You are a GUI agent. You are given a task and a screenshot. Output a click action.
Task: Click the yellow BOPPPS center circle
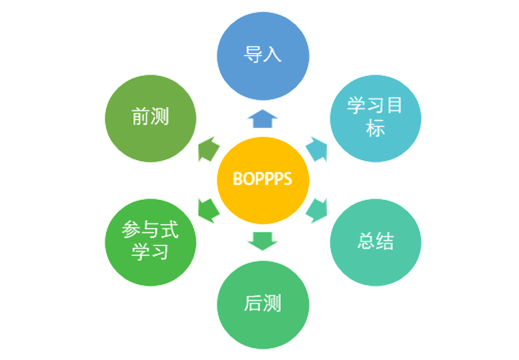click(x=263, y=179)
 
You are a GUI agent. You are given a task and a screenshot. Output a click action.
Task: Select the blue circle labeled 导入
click(x=263, y=54)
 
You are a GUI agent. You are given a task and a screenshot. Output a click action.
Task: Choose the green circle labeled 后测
click(x=263, y=304)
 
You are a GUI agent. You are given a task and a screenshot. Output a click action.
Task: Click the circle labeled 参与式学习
click(x=151, y=241)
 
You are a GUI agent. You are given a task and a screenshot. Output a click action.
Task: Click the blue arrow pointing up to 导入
click(x=263, y=116)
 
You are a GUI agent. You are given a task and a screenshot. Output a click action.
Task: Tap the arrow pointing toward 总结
click(x=317, y=211)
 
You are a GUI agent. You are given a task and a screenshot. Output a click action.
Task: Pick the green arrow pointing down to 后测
click(x=263, y=240)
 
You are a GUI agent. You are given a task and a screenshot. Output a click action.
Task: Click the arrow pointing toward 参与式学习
click(x=208, y=211)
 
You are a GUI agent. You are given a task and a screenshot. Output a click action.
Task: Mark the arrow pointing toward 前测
click(x=208, y=149)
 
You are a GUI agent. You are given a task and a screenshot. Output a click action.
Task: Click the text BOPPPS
click(x=263, y=179)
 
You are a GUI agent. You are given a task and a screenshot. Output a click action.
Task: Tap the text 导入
click(x=263, y=54)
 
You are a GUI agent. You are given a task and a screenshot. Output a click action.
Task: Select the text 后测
click(x=263, y=304)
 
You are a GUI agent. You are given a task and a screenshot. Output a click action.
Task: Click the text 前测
click(x=151, y=117)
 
